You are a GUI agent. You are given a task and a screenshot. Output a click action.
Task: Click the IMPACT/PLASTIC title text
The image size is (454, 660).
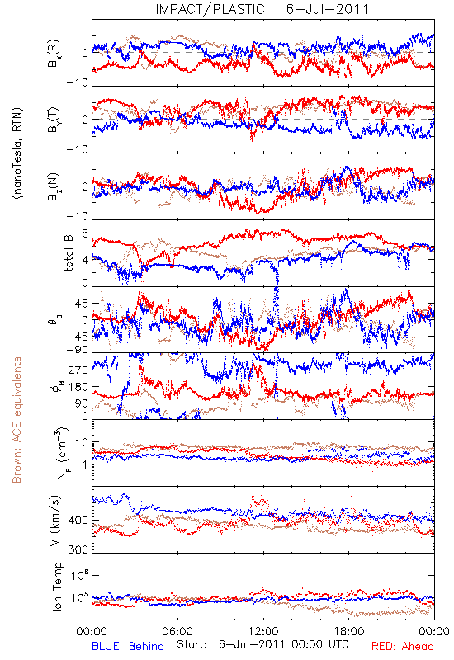pyautogui.click(x=210, y=9)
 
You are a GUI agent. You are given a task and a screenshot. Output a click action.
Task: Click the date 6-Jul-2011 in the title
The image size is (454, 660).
pyautogui.click(x=327, y=9)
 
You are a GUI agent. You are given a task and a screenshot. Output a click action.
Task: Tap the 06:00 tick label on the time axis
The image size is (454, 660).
pyautogui.click(x=177, y=631)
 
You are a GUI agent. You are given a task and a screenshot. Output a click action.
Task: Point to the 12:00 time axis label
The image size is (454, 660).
pyautogui.click(x=263, y=631)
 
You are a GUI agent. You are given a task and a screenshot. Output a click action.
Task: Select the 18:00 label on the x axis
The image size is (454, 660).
pyautogui.click(x=349, y=631)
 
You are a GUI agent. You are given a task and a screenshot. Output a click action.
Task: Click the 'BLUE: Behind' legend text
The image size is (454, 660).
pyautogui.click(x=128, y=646)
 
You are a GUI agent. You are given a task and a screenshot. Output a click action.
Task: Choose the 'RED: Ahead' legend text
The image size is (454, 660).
pyautogui.click(x=402, y=646)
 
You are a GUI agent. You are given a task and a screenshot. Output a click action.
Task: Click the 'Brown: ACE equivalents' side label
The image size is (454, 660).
pyautogui.click(x=17, y=420)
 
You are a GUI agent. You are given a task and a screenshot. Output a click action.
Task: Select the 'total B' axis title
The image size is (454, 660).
pyautogui.click(x=69, y=253)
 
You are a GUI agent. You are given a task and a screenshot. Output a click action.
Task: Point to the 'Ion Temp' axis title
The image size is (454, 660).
pyautogui.click(x=58, y=587)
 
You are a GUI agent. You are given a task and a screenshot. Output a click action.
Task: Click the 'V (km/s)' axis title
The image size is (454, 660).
pyautogui.click(x=55, y=521)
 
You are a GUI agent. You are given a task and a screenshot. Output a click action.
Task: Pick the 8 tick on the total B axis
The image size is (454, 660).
pyautogui.click(x=85, y=233)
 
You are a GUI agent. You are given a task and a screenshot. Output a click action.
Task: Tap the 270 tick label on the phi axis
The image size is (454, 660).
pyautogui.click(x=78, y=370)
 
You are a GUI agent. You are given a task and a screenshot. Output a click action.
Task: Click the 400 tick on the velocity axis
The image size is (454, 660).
pyautogui.click(x=78, y=521)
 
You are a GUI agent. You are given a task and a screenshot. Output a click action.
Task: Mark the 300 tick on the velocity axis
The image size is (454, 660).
pyautogui.click(x=78, y=549)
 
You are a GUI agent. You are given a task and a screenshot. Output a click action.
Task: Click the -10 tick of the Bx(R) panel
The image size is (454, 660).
pyautogui.click(x=78, y=82)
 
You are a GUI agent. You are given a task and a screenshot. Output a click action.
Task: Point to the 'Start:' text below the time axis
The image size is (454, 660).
pyautogui.click(x=192, y=645)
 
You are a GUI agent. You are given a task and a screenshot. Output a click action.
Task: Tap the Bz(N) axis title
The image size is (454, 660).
pyautogui.click(x=54, y=186)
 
